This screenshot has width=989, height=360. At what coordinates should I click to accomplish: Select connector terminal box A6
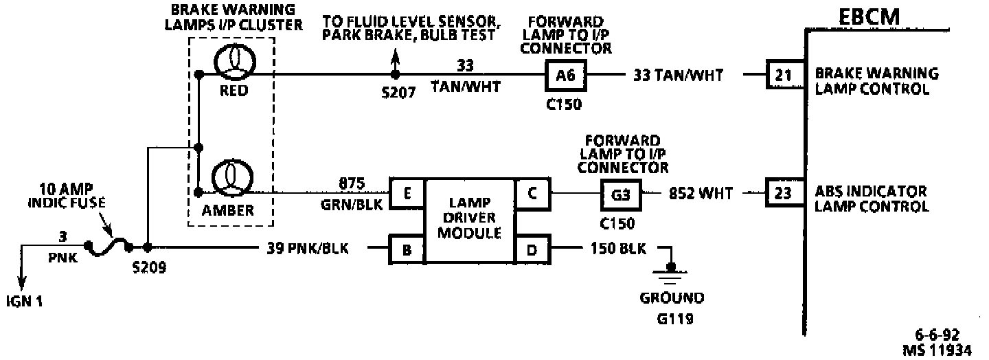pyautogui.click(x=565, y=75)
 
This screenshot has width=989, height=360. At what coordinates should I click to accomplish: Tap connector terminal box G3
pyautogui.click(x=621, y=195)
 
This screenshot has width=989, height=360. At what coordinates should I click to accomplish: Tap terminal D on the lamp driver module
pyautogui.click(x=532, y=250)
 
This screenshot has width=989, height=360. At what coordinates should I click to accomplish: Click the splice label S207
pyautogui.click(x=398, y=93)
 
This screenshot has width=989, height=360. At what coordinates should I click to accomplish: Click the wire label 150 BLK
pyautogui.click(x=617, y=249)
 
